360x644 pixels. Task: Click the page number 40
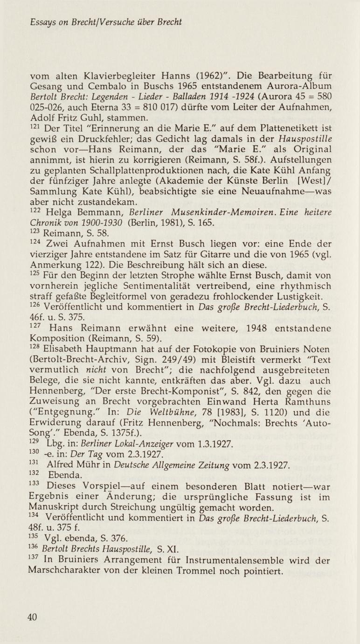click(32, 617)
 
